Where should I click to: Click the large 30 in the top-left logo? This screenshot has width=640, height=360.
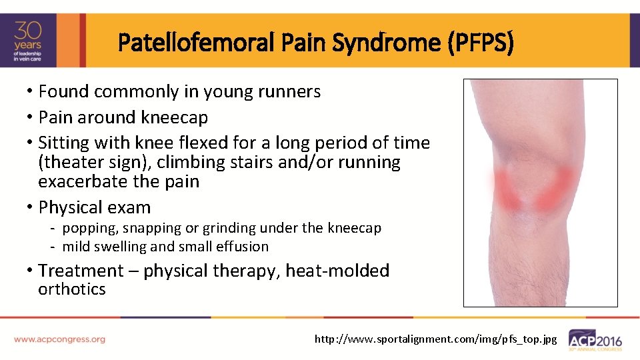pyautogui.click(x=29, y=31)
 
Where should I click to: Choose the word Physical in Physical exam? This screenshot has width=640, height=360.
pyautogui.click(x=71, y=207)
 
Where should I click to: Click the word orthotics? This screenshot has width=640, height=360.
pyautogui.click(x=72, y=289)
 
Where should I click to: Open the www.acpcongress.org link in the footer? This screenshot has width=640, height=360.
pyautogui.click(x=59, y=339)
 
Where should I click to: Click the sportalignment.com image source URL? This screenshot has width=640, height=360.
pyautogui.click(x=435, y=339)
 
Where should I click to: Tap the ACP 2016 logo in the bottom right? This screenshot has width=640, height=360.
pyautogui.click(x=595, y=339)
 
